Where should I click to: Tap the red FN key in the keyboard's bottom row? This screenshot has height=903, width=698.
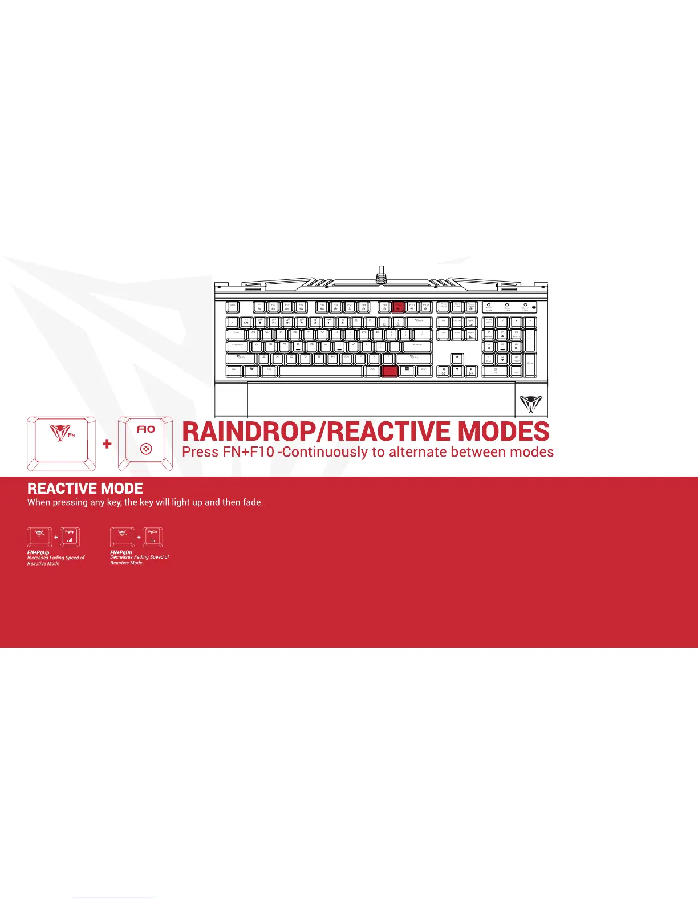[388, 371]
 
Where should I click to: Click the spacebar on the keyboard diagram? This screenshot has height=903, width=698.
[322, 371]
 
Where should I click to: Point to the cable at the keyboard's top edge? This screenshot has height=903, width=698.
[381, 274]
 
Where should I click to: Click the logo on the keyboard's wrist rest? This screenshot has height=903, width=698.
[531, 403]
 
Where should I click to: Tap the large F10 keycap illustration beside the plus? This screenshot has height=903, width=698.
[146, 443]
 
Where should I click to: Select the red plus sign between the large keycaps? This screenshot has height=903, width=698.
[107, 444]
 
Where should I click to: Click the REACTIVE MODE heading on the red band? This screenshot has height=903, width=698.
[86, 489]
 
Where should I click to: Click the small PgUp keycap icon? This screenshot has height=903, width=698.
[70, 537]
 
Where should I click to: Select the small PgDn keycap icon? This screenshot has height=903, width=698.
[152, 537]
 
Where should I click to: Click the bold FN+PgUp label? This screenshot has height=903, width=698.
[38, 552]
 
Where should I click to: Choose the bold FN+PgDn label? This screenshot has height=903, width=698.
[121, 552]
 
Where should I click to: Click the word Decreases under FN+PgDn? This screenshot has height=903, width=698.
[121, 557]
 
